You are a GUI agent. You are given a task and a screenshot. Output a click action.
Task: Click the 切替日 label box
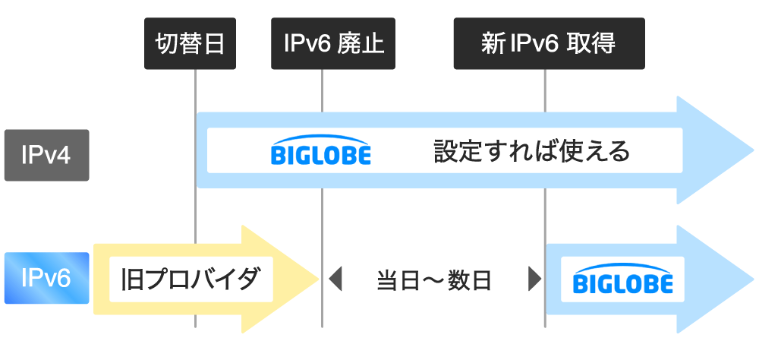coord(190,43)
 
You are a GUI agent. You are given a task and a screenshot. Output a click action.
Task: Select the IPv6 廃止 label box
coord(334,43)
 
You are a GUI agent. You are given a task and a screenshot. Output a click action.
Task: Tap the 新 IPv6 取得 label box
coord(549,43)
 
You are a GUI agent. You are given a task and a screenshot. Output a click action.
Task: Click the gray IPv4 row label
coord(46,155)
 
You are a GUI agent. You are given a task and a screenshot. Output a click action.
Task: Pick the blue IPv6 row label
coord(46,277)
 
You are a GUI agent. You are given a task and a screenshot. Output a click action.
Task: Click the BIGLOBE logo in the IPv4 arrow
coord(321,151)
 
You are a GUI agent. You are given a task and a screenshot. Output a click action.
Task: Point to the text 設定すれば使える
coord(532,150)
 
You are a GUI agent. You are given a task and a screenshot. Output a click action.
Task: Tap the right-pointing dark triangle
coord(534,279)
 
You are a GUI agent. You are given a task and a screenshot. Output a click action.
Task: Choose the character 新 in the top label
coord(494,43)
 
